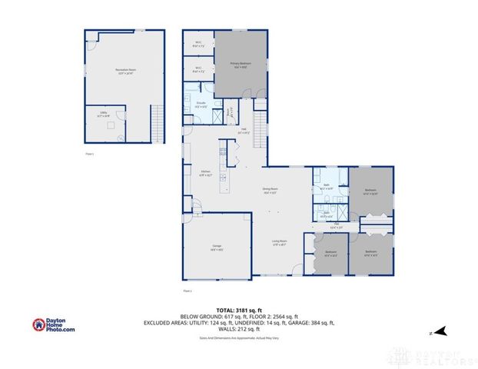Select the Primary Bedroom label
241,65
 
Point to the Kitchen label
205,172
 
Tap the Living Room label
278,242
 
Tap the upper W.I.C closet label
198,44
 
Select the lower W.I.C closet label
198,70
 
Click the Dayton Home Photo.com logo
54,325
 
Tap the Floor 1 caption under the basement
90,154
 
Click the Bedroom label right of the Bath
370,191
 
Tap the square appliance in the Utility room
109,124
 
